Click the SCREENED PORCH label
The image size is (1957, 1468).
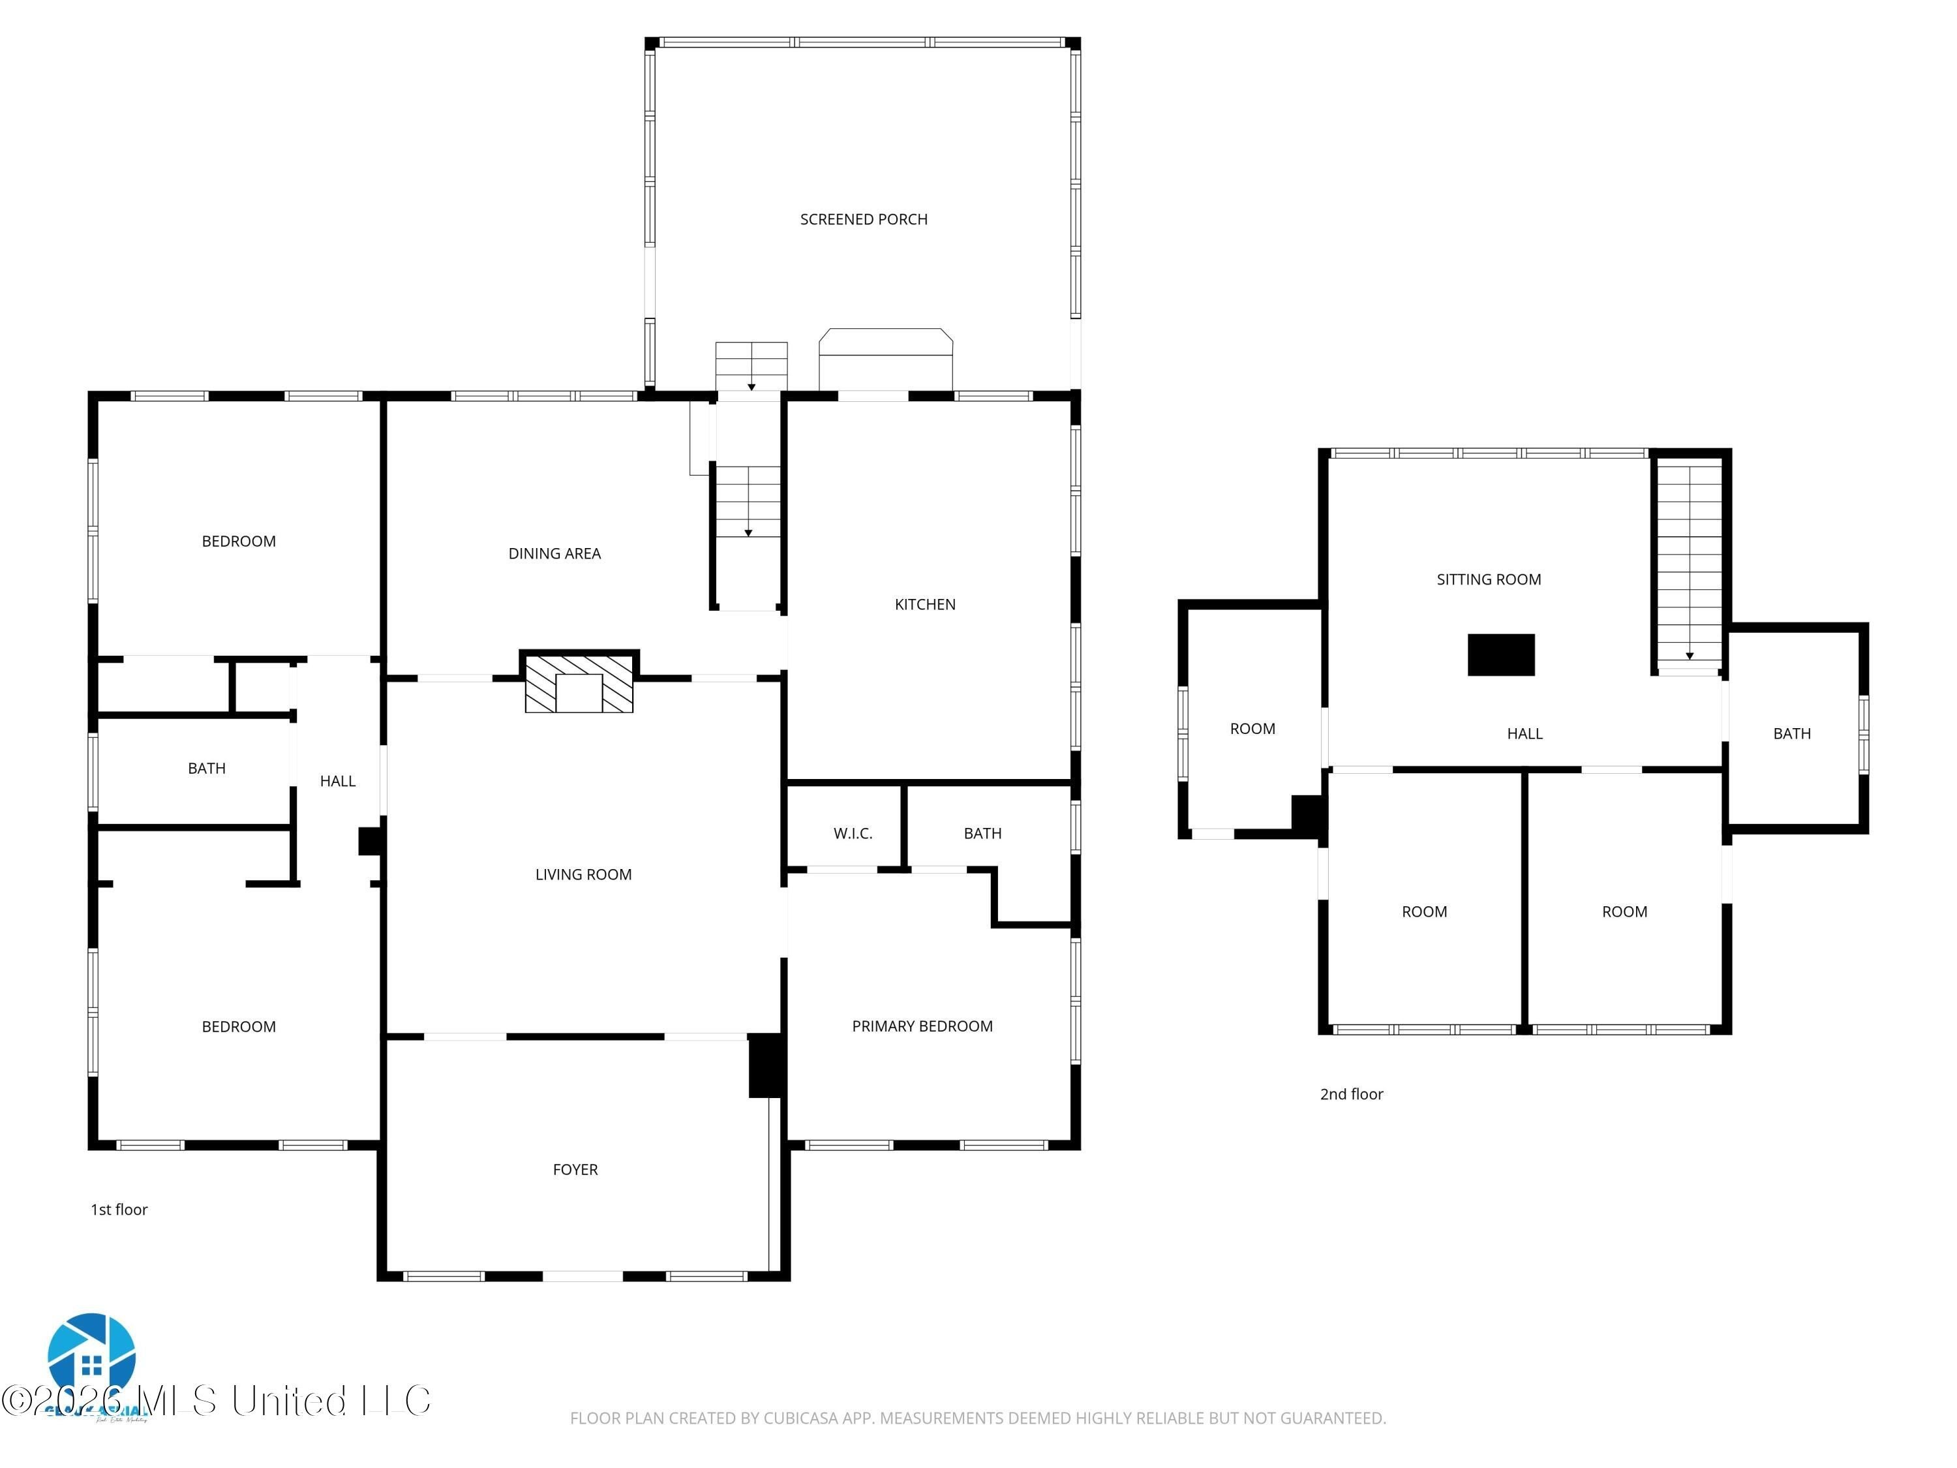tap(864, 219)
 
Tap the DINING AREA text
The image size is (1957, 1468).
tap(554, 554)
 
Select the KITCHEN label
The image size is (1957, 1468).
tap(924, 604)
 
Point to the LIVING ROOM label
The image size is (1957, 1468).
tap(583, 874)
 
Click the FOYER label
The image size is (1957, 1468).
tap(575, 1170)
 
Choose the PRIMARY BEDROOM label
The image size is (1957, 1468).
tap(922, 1026)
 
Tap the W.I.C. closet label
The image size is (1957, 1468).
tap(853, 834)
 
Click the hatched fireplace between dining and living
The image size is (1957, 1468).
tap(579, 682)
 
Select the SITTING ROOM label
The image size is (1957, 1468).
tap(1488, 579)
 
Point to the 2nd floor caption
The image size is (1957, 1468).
tap(1351, 1095)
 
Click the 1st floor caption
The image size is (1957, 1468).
tap(119, 1210)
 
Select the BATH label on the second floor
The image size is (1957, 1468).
tap(1791, 733)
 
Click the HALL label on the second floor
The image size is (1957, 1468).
tap(1525, 733)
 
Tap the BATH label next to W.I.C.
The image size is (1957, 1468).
tap(982, 834)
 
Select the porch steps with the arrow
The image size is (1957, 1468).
tap(751, 366)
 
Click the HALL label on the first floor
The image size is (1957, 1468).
tap(337, 782)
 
